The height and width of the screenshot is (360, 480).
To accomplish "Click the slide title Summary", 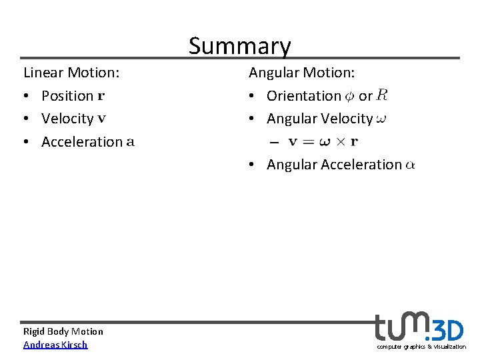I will [239, 45].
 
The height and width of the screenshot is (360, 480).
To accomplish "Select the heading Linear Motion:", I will [71, 72].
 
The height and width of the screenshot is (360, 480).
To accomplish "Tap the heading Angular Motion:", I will [302, 72].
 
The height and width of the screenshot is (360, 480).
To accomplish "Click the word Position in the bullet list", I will [67, 96].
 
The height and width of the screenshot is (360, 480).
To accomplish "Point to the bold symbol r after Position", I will [101, 96].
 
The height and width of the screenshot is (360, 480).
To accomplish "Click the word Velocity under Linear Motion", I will [67, 119].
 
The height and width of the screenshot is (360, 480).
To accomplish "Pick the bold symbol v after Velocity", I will [101, 119].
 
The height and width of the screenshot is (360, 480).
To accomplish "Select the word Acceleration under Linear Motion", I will [82, 142].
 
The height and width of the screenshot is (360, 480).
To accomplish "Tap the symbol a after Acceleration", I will [130, 142].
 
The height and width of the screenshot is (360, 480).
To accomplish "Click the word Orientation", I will [304, 96].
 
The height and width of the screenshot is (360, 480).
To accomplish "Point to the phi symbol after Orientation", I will [350, 96].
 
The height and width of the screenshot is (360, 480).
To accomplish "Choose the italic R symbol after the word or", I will [382, 95].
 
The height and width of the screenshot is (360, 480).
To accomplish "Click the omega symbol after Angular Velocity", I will [381, 119].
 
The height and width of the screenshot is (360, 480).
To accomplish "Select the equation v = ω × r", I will [323, 141].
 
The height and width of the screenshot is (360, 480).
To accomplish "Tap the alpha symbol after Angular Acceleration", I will [409, 165].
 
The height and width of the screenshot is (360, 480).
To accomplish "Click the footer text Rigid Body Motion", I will [63, 331].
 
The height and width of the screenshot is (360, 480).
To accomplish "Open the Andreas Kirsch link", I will [55, 345].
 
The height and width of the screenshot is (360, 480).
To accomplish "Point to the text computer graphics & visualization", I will [421, 347].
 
